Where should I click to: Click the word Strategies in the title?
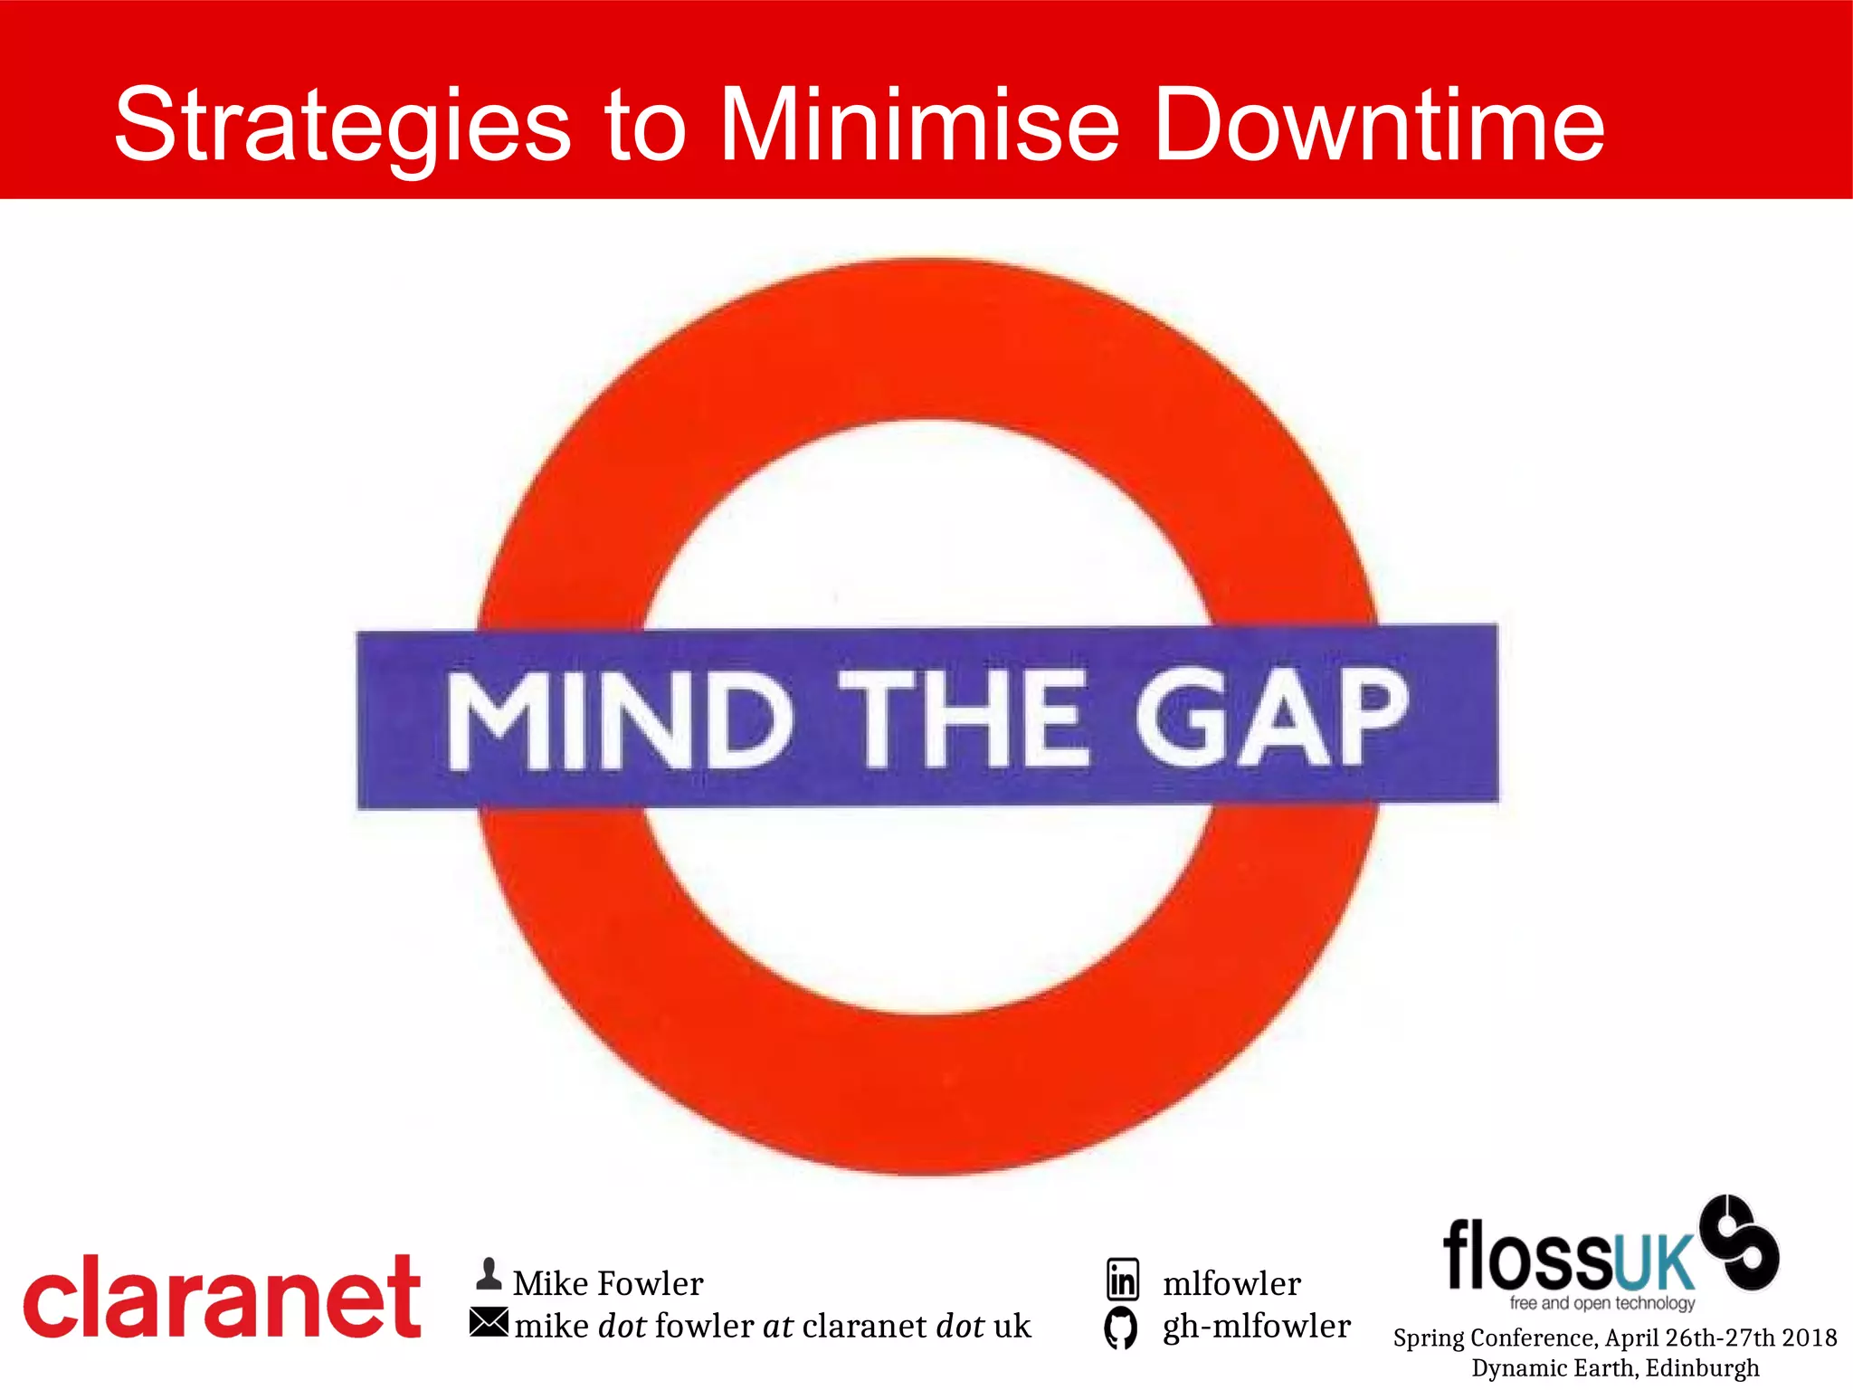pyautogui.click(x=342, y=127)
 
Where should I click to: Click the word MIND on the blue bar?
pyautogui.click(x=619, y=720)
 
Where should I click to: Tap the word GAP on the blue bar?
pyautogui.click(x=1270, y=717)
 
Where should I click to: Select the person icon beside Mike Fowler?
pyautogui.click(x=489, y=1274)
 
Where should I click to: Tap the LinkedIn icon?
pyautogui.click(x=1123, y=1280)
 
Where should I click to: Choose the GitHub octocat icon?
pyautogui.click(x=1121, y=1328)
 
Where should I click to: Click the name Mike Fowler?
pyautogui.click(x=608, y=1283)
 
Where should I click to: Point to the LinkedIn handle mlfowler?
pyautogui.click(x=1231, y=1283)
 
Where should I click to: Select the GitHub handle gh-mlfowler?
pyautogui.click(x=1256, y=1326)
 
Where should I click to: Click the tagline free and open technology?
pyautogui.click(x=1601, y=1302)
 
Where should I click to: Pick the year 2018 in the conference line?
pyautogui.click(x=1810, y=1338)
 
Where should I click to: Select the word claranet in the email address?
pyautogui.click(x=864, y=1326)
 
